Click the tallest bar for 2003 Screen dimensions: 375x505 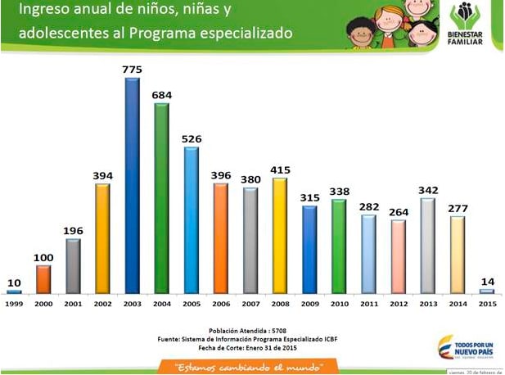point(132,185)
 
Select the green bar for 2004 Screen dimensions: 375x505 point(161,197)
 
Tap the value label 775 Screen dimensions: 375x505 point(132,70)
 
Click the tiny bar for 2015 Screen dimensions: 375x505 point(486,291)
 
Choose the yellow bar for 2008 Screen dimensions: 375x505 point(279,235)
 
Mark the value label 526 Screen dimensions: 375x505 point(191,138)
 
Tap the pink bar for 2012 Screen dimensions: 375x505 point(398,256)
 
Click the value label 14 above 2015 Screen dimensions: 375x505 point(486,280)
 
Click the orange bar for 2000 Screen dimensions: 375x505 point(43,279)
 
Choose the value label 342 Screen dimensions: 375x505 point(427,190)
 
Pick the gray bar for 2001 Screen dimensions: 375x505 point(73,265)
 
